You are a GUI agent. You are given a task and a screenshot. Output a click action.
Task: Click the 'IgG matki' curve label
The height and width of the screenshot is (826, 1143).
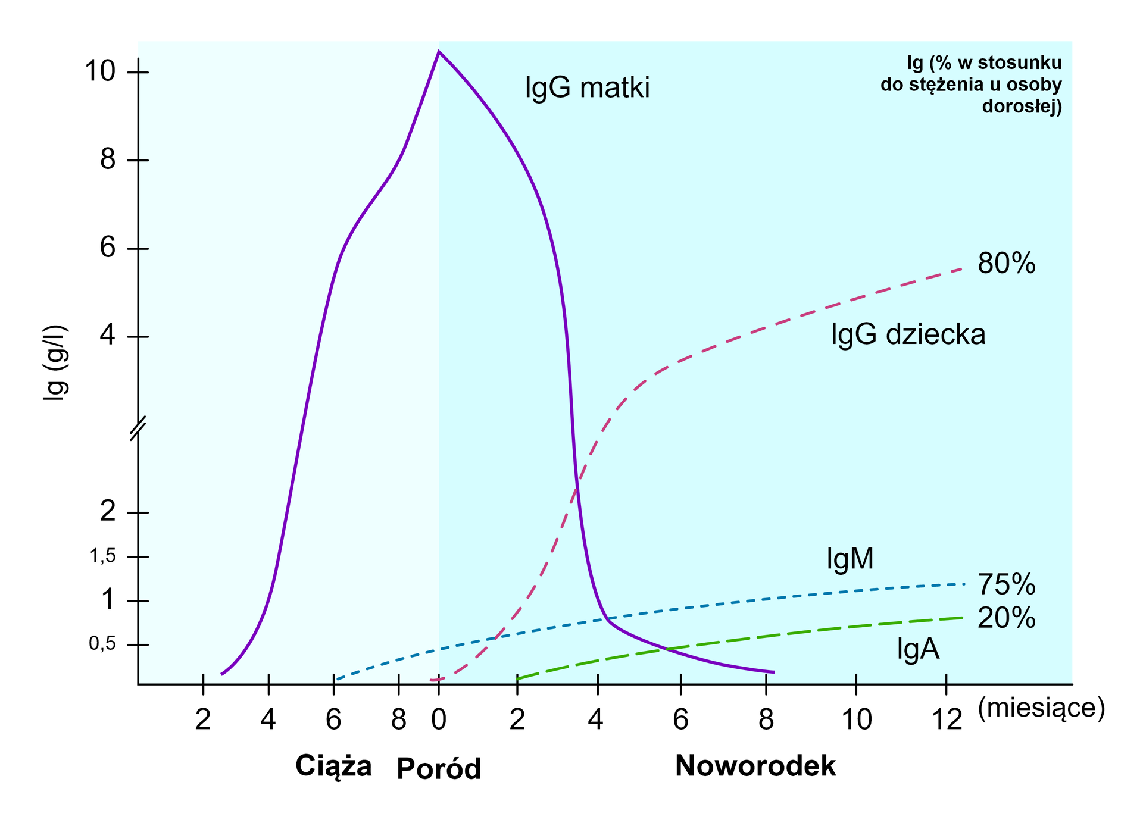pos(587,88)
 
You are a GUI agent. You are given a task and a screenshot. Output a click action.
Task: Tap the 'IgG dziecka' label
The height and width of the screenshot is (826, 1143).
pos(908,334)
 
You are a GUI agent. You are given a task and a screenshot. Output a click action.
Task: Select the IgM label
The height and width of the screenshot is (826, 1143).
pos(850,559)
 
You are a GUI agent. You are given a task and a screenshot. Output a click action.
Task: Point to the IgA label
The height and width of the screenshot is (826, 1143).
pos(918,649)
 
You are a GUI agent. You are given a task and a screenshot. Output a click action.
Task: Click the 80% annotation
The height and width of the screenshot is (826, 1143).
pos(1006,263)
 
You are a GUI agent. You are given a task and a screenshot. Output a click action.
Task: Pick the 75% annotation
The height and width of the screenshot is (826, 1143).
pos(1006,585)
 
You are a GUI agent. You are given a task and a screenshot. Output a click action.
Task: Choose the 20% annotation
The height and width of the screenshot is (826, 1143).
pos(1006,619)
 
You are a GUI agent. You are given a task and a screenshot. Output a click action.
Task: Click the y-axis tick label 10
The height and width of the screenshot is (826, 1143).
pos(99,71)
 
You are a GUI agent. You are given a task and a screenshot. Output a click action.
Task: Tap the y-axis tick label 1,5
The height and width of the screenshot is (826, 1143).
pos(102,556)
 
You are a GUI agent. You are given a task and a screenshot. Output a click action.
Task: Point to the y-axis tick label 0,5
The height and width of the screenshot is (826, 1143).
pos(102,644)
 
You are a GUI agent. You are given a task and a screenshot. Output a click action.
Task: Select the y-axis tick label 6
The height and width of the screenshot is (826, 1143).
pos(108,247)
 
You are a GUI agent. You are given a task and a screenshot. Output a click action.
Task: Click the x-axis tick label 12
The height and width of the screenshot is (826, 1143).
pos(947,720)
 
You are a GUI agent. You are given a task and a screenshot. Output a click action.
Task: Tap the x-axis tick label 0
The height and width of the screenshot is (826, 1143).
pos(439,720)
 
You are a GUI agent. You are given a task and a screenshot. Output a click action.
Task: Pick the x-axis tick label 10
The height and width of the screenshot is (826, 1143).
pos(857,720)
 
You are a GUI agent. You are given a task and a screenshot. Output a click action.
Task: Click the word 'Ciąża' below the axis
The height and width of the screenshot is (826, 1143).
pos(333,766)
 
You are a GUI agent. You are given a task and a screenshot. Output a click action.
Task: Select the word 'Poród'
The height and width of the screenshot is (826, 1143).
pos(439,769)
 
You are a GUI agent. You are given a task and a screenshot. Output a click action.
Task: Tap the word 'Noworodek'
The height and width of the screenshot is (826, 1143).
pos(755,766)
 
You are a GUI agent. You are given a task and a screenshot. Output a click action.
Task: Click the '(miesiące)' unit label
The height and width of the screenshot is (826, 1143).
pos(1041,708)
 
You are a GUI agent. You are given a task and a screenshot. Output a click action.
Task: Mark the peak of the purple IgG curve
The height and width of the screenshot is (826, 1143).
pos(439,52)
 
